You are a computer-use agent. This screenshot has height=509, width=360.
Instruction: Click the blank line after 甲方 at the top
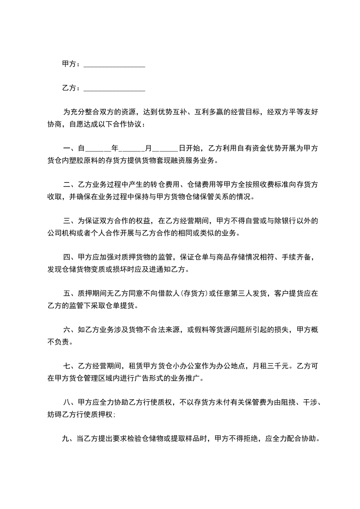[x=114, y=65]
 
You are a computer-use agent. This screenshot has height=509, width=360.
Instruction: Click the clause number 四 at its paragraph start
[x=66, y=257]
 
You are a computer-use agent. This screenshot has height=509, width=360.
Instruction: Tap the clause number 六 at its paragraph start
[x=66, y=330]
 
